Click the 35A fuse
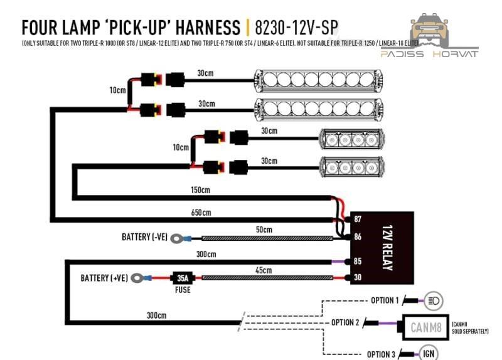183,277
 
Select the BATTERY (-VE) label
144,238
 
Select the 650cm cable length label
200,213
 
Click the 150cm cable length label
200,189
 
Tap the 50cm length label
264,230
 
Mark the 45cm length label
264,270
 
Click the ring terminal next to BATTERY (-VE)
181,238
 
